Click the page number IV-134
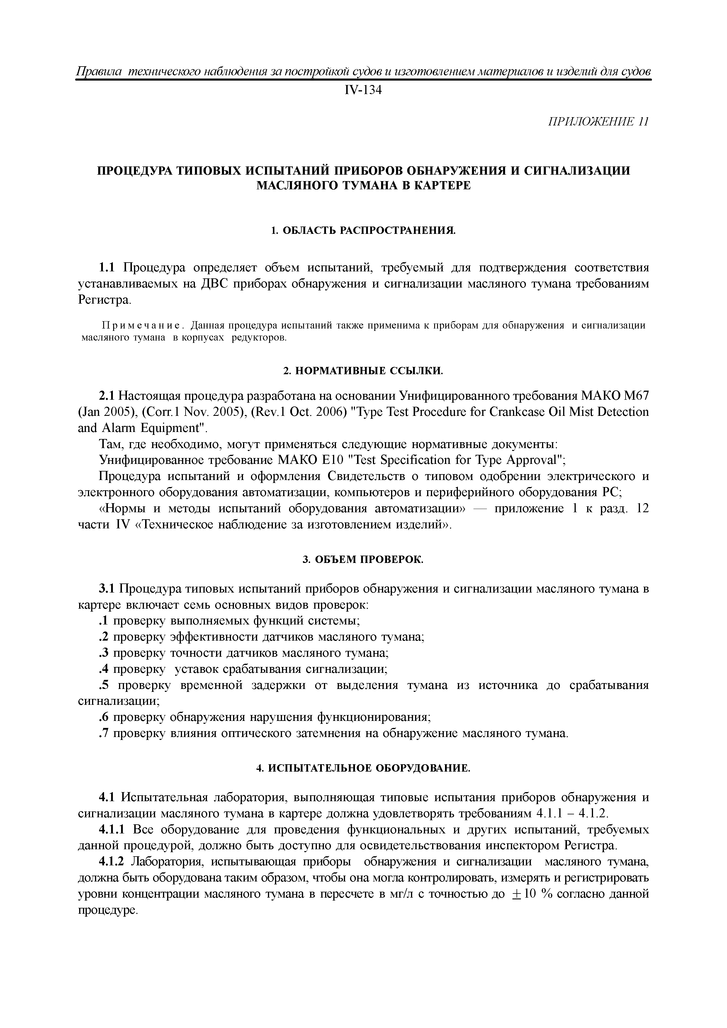click(363, 91)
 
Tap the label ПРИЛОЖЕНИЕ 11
click(598, 122)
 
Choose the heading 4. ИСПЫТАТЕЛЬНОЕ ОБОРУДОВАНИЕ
click(363, 768)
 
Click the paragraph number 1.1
click(107, 268)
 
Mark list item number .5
click(104, 685)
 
